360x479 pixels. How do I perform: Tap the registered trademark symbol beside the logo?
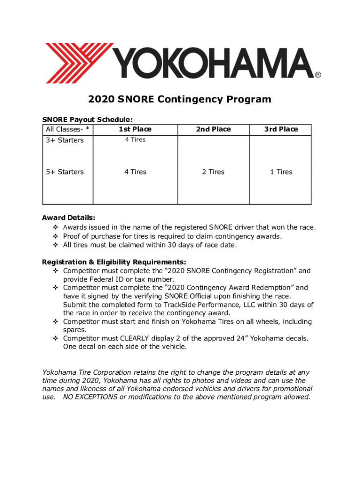pos(317,74)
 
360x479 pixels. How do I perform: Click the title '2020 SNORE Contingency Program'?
pos(180,99)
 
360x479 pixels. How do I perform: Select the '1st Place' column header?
pos(135,129)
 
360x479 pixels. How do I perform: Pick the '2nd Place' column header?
pos(213,129)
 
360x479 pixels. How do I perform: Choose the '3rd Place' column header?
pos(281,129)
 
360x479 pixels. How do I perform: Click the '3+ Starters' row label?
pos(65,140)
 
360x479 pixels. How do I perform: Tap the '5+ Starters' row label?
pos(65,172)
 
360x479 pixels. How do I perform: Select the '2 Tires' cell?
pos(213,172)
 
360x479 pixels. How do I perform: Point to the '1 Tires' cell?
pos(281,172)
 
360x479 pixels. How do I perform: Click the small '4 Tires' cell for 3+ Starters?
pos(135,139)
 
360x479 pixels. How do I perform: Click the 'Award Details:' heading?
pos(69,218)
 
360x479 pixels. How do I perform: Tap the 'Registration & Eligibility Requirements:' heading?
pos(114,261)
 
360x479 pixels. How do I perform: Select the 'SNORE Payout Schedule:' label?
pos(84,120)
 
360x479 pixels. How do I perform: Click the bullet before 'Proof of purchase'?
pos(55,236)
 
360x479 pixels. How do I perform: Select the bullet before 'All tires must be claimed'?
pos(55,245)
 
